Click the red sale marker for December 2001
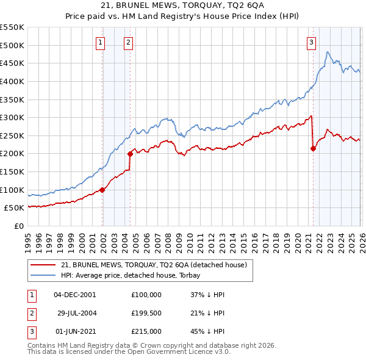102,190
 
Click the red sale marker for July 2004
130,154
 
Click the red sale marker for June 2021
313,148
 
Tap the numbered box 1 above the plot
100,42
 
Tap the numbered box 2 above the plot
129,42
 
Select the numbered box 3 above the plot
311,42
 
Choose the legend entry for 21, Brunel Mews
153,265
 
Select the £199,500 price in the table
146,313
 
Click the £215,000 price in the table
146,332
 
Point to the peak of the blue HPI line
327,52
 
